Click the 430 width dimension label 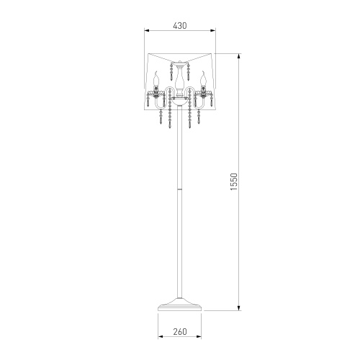click(180, 25)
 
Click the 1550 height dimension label click(233, 181)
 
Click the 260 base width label click(180, 331)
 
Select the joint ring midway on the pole click(180, 189)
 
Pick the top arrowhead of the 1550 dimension click(238, 57)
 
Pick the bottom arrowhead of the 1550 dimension click(238, 307)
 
